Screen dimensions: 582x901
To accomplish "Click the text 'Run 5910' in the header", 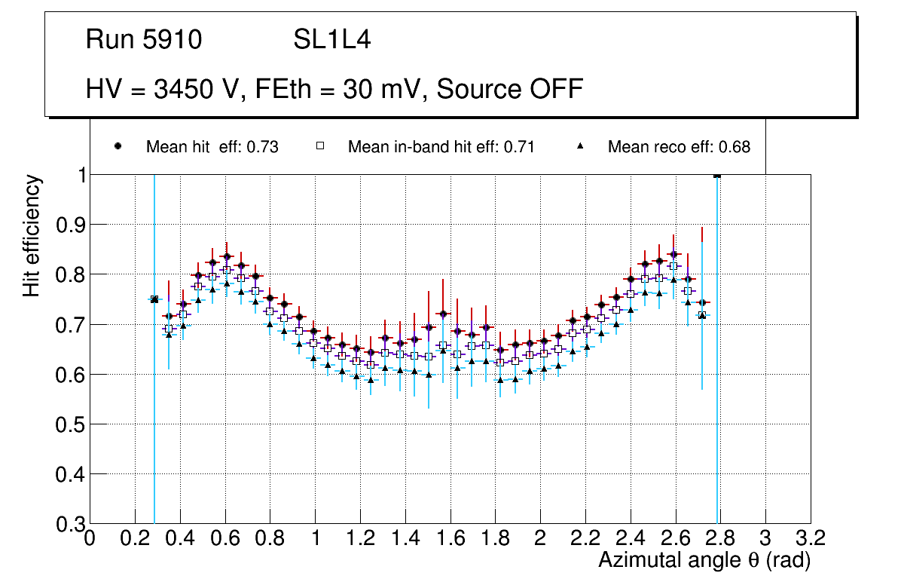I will [144, 40].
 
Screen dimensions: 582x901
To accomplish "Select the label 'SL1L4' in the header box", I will [331, 40].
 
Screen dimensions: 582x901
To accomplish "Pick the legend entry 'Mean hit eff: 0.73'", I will [212, 147].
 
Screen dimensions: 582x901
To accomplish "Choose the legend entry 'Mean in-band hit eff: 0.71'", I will [441, 147].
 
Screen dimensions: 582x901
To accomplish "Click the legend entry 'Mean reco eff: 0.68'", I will [679, 147].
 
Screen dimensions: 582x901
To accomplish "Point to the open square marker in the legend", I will [319, 146].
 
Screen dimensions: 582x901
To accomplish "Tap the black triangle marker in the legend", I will [581, 146].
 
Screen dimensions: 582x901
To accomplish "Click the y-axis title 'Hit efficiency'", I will [32, 235].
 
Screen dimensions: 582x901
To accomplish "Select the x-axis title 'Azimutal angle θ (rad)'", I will [704, 560].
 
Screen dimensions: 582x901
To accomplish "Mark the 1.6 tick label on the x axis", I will [450, 538].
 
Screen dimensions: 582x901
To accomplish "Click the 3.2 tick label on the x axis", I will [810, 538].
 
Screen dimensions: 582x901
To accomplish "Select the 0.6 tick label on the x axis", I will [225, 538].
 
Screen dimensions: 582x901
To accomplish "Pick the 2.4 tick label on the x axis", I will [631, 538].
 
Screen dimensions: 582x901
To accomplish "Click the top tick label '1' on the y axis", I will [78, 175].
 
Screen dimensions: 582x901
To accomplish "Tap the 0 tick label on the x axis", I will [90, 538].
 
